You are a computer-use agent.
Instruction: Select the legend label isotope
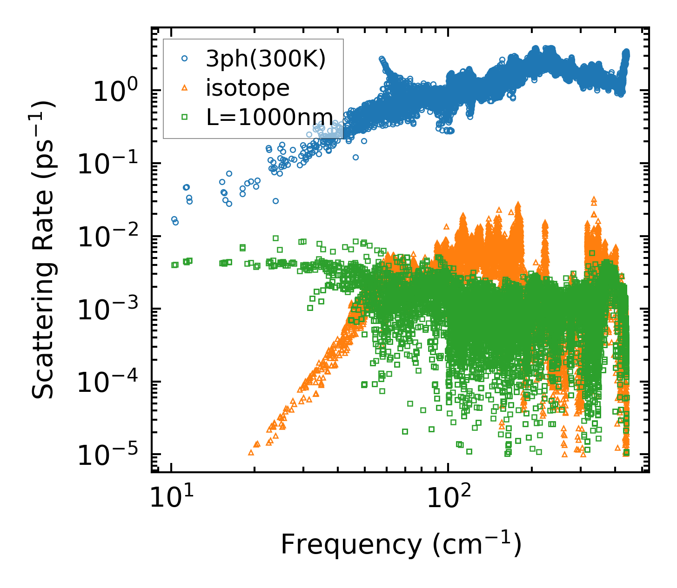(x=248, y=88)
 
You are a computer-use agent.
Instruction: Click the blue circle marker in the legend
(x=185, y=59)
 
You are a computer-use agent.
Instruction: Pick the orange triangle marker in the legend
(x=185, y=88)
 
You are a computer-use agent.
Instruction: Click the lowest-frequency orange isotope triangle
(x=251, y=452)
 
